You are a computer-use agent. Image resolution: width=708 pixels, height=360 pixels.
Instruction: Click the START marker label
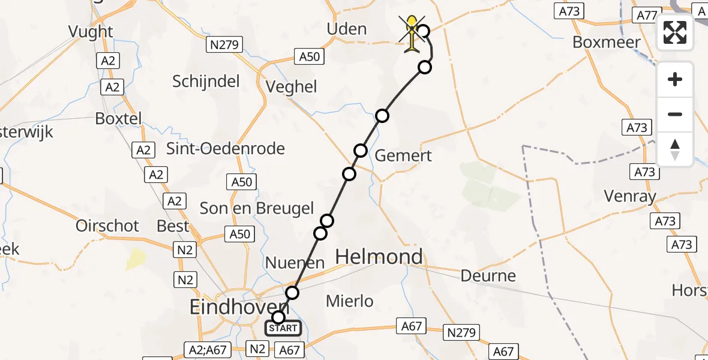pyautogui.click(x=283, y=328)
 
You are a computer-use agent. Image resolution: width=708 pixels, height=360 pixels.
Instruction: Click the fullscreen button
pyautogui.click(x=675, y=32)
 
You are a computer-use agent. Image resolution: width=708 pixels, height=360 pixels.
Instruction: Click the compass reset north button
pyautogui.click(x=675, y=149)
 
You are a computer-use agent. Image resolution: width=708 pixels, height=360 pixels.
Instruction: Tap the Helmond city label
pyautogui.click(x=379, y=257)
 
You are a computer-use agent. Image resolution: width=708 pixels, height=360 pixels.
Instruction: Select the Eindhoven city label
pyautogui.click(x=238, y=307)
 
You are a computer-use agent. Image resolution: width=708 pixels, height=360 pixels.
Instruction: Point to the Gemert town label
pyautogui.click(x=403, y=156)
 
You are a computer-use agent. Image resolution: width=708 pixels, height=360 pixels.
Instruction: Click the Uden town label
pyautogui.click(x=346, y=29)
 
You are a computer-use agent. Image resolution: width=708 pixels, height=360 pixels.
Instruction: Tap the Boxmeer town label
pyautogui.click(x=607, y=42)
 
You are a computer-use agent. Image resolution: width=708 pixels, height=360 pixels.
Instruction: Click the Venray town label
pyautogui.click(x=630, y=196)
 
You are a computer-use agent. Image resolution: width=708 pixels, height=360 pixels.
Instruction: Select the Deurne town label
pyautogui.click(x=488, y=276)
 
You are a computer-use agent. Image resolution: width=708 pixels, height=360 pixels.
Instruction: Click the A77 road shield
pyautogui.click(x=646, y=15)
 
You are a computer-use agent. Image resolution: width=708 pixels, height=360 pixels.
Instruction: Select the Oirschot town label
pyautogui.click(x=107, y=226)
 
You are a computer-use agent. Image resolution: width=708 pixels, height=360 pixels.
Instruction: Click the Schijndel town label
pyautogui.click(x=206, y=82)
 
